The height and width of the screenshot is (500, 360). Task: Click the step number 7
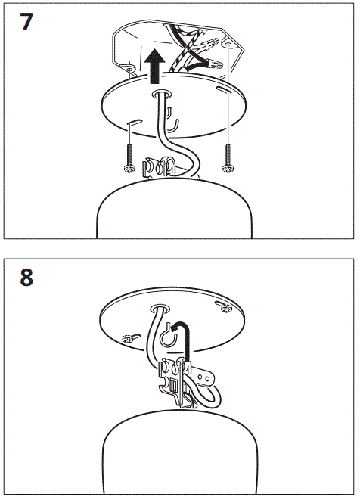26,21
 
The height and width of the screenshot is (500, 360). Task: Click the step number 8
26,277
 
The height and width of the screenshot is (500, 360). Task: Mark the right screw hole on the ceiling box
225,44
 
